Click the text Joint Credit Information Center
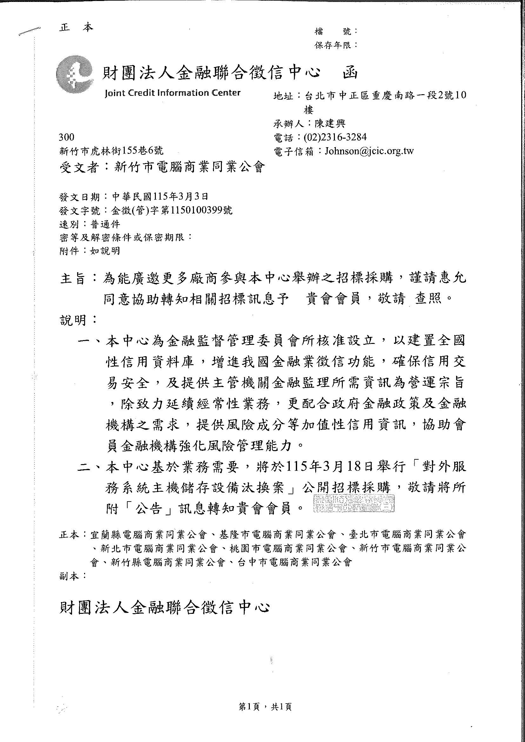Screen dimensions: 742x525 point(173,93)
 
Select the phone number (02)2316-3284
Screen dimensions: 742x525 point(335,137)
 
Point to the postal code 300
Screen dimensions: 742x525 point(66,137)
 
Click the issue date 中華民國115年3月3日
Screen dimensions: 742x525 point(160,196)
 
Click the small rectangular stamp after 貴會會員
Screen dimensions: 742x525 point(354,503)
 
